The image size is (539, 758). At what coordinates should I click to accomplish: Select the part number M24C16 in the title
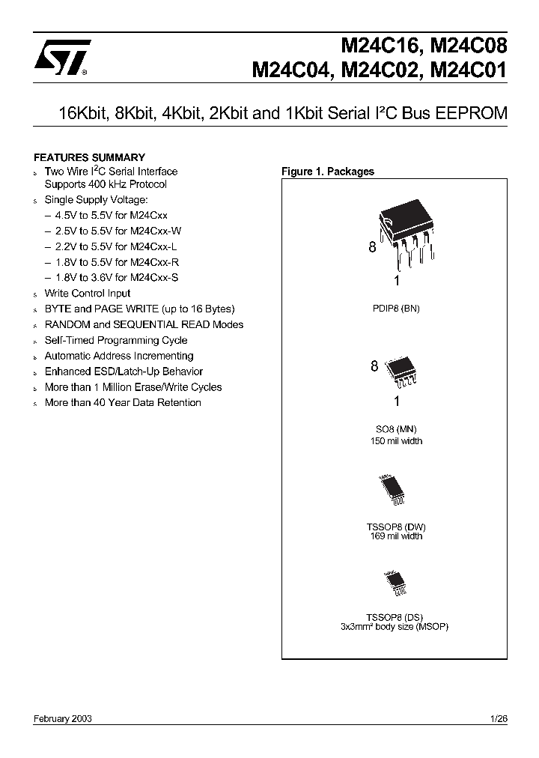coord(379,46)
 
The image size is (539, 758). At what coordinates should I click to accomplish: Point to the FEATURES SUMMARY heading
coord(89,157)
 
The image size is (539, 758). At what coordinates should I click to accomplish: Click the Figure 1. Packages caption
coord(327,172)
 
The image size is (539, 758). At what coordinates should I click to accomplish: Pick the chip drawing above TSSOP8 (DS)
coord(395,581)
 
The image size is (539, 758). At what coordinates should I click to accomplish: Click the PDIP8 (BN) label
coord(395,309)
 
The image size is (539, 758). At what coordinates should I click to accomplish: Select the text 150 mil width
coord(395,441)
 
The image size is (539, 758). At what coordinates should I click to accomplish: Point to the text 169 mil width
coord(395,536)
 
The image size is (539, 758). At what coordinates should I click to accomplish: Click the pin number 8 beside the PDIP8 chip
coord(372,248)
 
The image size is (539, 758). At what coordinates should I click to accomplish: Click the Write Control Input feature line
coord(87,294)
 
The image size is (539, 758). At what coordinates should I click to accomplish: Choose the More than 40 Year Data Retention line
coord(123,403)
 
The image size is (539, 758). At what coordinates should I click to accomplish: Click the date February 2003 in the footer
coord(63,718)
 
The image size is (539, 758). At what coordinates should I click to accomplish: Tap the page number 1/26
coord(498,718)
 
